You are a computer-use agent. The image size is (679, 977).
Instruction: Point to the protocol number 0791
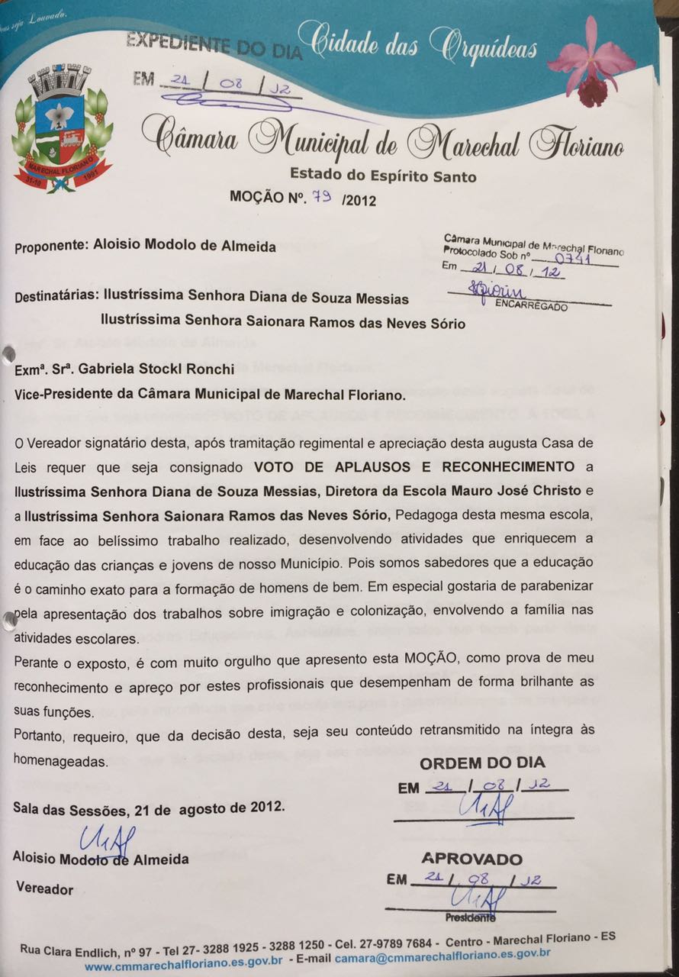tap(579, 258)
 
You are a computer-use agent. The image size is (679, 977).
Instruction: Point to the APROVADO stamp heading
tap(472, 859)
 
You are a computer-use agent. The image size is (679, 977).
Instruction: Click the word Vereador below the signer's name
tap(45, 889)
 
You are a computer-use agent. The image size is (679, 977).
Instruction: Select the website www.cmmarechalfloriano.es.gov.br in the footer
tap(184, 965)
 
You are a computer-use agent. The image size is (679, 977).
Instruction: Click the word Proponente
tap(50, 247)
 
